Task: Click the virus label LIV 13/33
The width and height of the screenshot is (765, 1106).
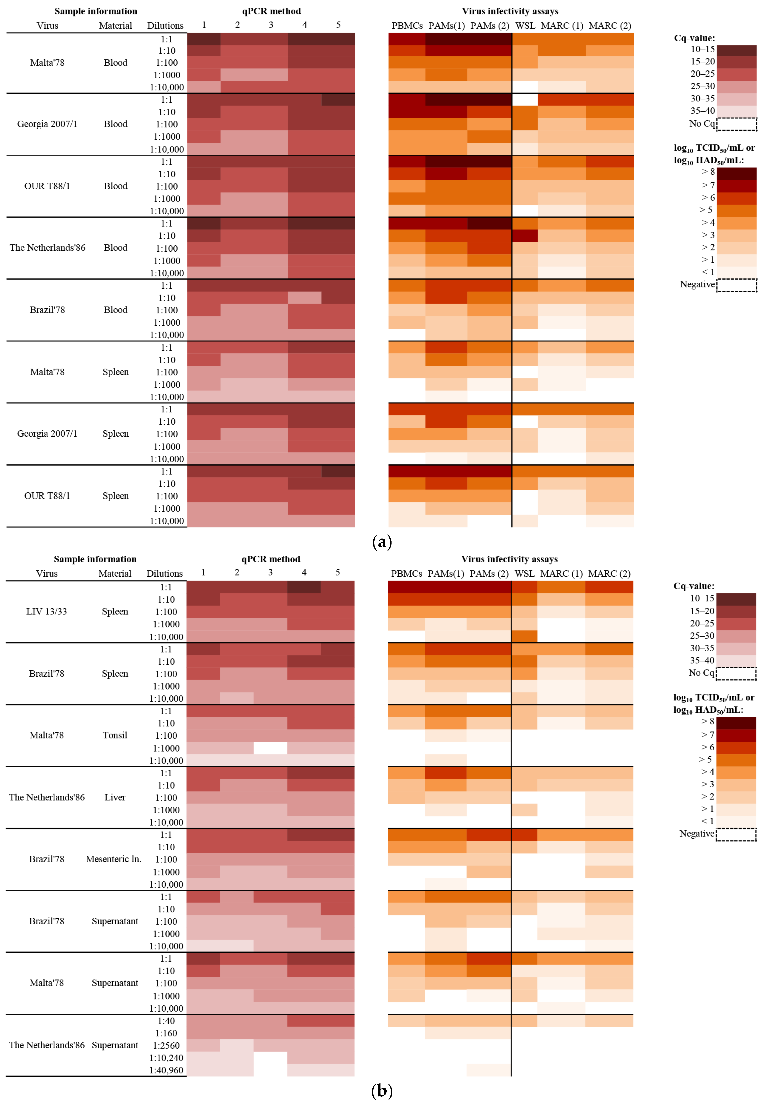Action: [x=47, y=611]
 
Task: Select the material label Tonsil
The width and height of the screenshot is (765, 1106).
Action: [x=115, y=735]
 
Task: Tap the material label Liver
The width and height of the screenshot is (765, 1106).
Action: [x=115, y=797]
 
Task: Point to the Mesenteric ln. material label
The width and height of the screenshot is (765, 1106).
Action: [x=114, y=859]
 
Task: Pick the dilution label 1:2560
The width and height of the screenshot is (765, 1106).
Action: [x=166, y=1046]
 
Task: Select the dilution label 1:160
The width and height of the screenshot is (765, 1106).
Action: [x=166, y=1033]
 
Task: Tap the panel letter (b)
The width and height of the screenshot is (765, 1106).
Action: [x=382, y=1091]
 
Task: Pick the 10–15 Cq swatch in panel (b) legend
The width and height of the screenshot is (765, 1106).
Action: [x=736, y=599]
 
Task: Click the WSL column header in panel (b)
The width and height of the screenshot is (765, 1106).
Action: [x=525, y=574]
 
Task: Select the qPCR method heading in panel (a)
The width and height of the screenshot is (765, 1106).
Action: [x=271, y=11]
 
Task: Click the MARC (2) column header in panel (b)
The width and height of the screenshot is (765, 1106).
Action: [x=609, y=574]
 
